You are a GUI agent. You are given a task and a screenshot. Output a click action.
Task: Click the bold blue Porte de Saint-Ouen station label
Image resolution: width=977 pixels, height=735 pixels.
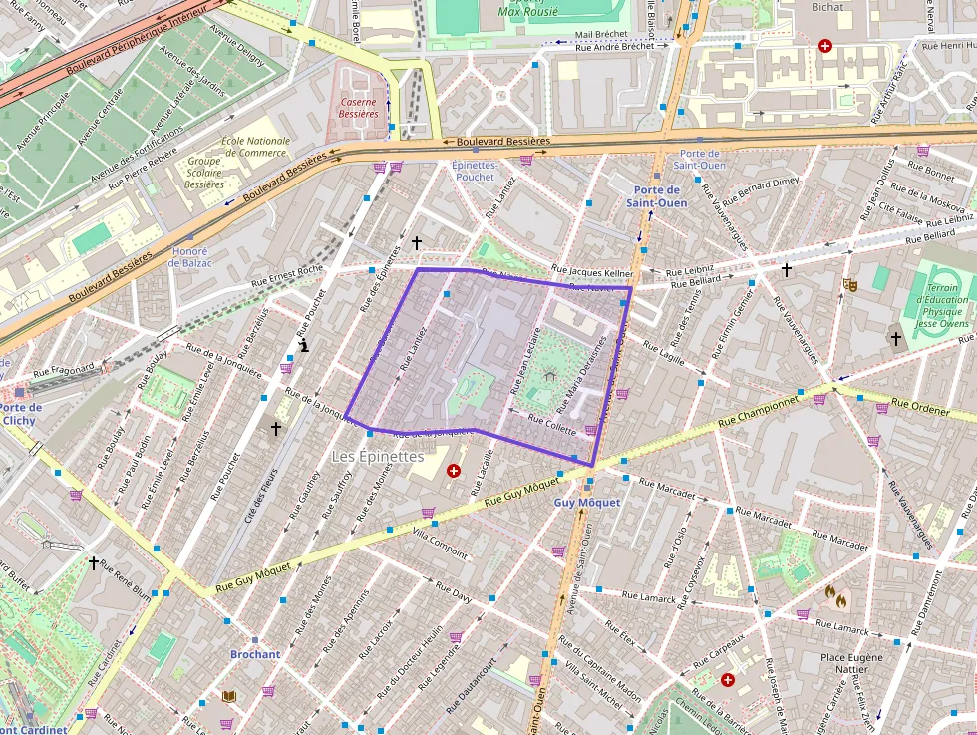[656, 196]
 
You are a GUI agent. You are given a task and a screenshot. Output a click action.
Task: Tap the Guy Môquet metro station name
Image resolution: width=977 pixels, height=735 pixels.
[587, 503]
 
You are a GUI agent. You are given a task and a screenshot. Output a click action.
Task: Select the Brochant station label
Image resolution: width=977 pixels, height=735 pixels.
[255, 654]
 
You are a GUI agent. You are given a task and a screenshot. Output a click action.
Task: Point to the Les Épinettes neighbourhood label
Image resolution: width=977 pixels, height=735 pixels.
[377, 456]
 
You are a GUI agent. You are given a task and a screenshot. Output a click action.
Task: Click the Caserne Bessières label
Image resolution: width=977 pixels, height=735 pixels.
[358, 108]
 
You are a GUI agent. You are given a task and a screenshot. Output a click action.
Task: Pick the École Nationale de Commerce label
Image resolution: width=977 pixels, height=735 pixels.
[255, 147]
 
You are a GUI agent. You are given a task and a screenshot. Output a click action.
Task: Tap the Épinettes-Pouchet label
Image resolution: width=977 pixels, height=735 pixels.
[474, 171]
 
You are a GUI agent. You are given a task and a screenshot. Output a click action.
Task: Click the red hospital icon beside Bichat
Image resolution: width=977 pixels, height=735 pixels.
[824, 46]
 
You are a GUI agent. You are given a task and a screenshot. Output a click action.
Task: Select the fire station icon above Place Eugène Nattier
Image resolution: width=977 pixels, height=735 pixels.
[835, 596]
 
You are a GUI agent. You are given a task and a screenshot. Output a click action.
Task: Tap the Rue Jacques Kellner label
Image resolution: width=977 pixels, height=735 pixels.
[592, 271]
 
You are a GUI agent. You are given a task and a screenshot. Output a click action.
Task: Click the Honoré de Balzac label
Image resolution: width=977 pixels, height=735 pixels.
[189, 256]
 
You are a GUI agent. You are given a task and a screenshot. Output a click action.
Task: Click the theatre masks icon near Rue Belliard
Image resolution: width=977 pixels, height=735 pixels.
[850, 284]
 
